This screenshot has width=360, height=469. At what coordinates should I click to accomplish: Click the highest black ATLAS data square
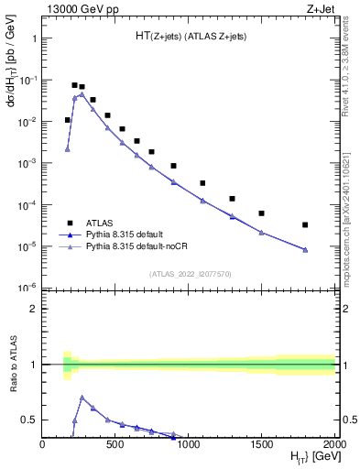(74, 85)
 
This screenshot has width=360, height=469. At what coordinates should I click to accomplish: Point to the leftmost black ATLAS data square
(67, 120)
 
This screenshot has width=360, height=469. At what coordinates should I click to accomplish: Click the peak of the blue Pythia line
(82, 94)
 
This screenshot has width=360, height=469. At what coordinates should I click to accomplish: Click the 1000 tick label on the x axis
(189, 444)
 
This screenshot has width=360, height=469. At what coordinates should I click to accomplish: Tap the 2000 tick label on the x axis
(333, 444)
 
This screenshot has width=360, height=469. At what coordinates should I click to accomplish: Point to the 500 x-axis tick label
(115, 444)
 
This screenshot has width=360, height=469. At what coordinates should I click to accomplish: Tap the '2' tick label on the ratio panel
(34, 310)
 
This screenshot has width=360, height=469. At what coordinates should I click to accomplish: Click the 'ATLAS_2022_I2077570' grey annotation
(189, 273)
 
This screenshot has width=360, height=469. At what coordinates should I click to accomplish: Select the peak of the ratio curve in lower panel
(82, 398)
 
